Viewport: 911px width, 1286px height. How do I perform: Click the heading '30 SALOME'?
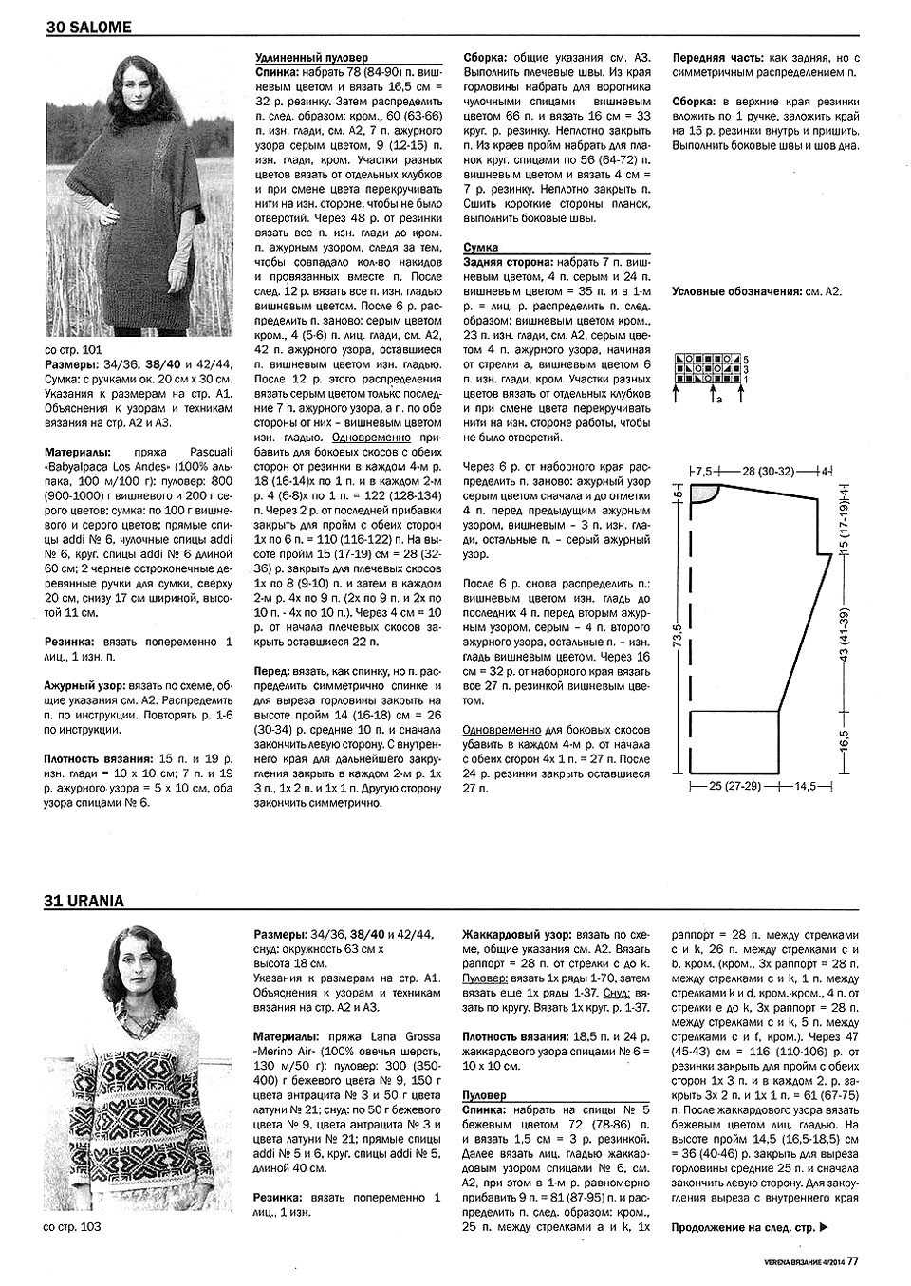[88, 28]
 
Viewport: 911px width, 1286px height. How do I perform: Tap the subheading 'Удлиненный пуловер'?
[312, 57]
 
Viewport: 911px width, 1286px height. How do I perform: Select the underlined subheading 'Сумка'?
[481, 247]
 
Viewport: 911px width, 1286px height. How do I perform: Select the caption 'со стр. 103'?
[73, 1227]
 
